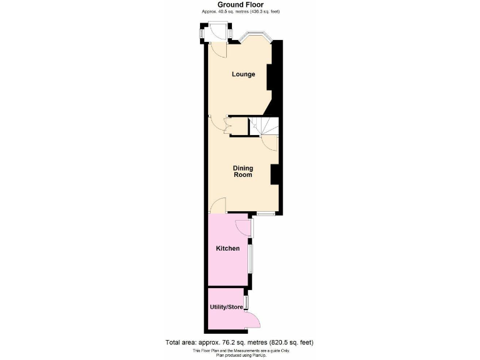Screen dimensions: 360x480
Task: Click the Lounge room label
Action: pos(243,74)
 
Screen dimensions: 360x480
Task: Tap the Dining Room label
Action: pos(242,171)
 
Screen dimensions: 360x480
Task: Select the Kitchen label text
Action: pos(227,249)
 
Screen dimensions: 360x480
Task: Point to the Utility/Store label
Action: pos(226,307)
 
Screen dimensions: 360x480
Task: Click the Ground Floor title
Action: pos(240,5)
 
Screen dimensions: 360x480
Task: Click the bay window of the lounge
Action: pos(255,37)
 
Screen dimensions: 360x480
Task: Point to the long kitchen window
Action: pos(251,258)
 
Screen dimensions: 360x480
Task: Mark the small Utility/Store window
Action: pos(246,302)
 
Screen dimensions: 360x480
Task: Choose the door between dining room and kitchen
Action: pos(217,206)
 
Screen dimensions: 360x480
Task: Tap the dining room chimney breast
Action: pos(274,174)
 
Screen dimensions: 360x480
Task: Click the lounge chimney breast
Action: pos(271,78)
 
